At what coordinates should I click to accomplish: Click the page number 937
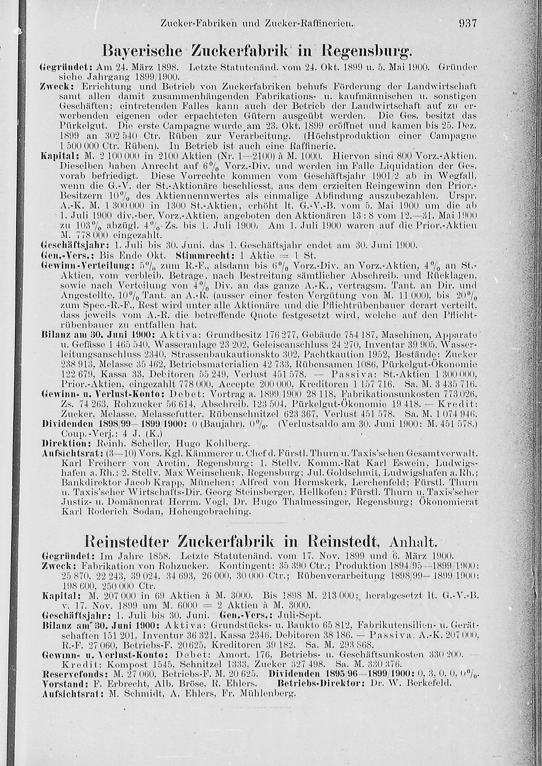click(x=469, y=24)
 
